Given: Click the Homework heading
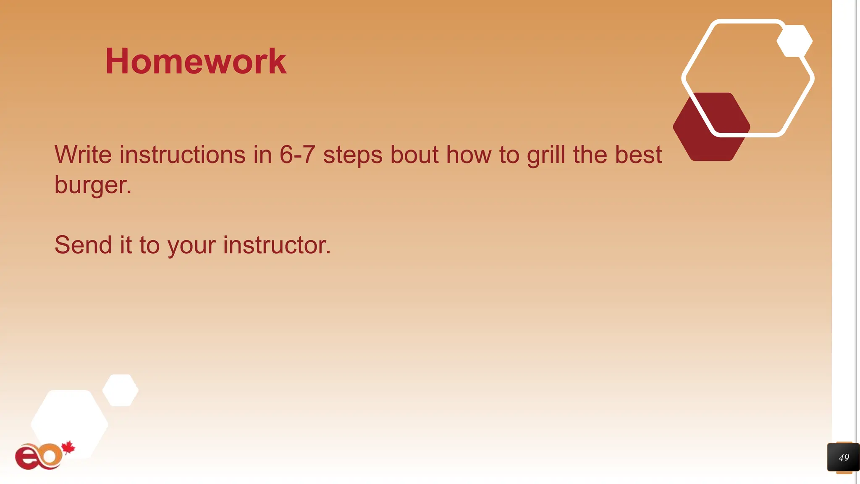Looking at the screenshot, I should point(196,62).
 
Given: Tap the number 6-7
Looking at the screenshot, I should point(297,155).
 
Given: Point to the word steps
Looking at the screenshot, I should point(353,155).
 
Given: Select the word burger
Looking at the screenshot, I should point(92,185).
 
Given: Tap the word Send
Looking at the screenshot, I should point(83,245).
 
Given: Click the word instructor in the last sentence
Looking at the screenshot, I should point(276,245).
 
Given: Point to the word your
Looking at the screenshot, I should point(191,246).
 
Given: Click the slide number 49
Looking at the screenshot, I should point(843,458).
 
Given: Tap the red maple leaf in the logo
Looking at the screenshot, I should point(68,448).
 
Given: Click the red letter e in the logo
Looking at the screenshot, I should point(26,458).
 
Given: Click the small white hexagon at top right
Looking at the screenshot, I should point(794,41).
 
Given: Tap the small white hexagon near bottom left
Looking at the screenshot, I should point(121,390).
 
